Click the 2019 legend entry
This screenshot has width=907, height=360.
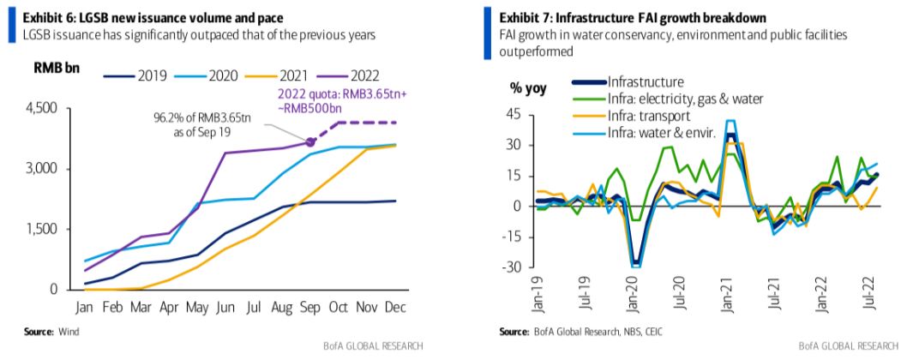(x=135, y=75)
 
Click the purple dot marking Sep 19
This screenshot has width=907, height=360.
(x=310, y=141)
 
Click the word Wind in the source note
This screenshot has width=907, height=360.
(x=68, y=332)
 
